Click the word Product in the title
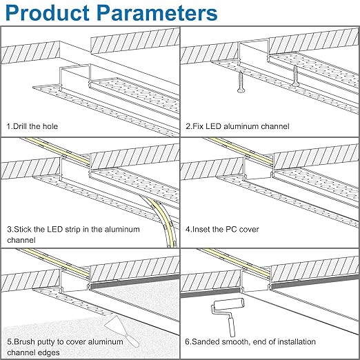coord(50,14)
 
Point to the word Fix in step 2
coord(199,127)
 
